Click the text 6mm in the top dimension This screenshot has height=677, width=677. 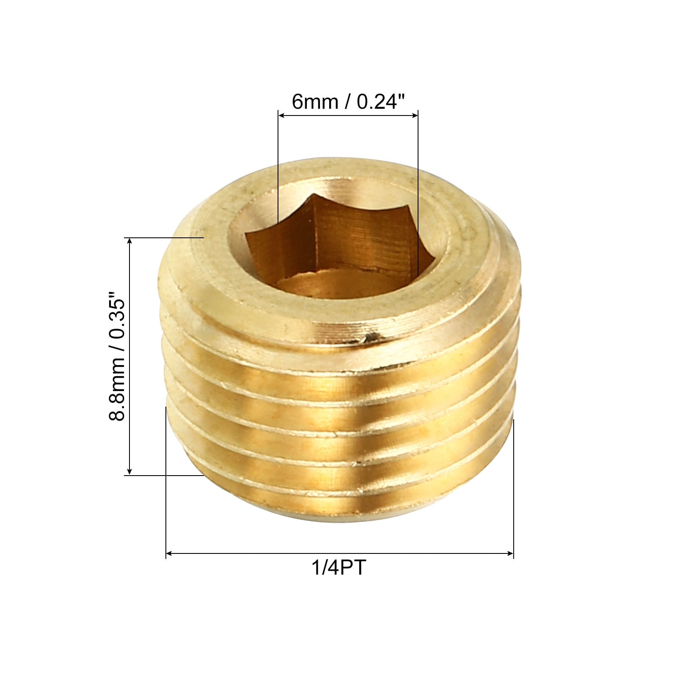tap(315, 102)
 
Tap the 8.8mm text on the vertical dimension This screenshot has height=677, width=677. tap(117, 389)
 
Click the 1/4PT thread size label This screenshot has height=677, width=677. tap(338, 567)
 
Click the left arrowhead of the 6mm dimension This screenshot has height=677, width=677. tap(281, 115)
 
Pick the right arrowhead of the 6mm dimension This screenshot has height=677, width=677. tap(415, 115)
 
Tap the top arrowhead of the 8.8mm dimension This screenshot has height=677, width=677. tap(130, 242)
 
